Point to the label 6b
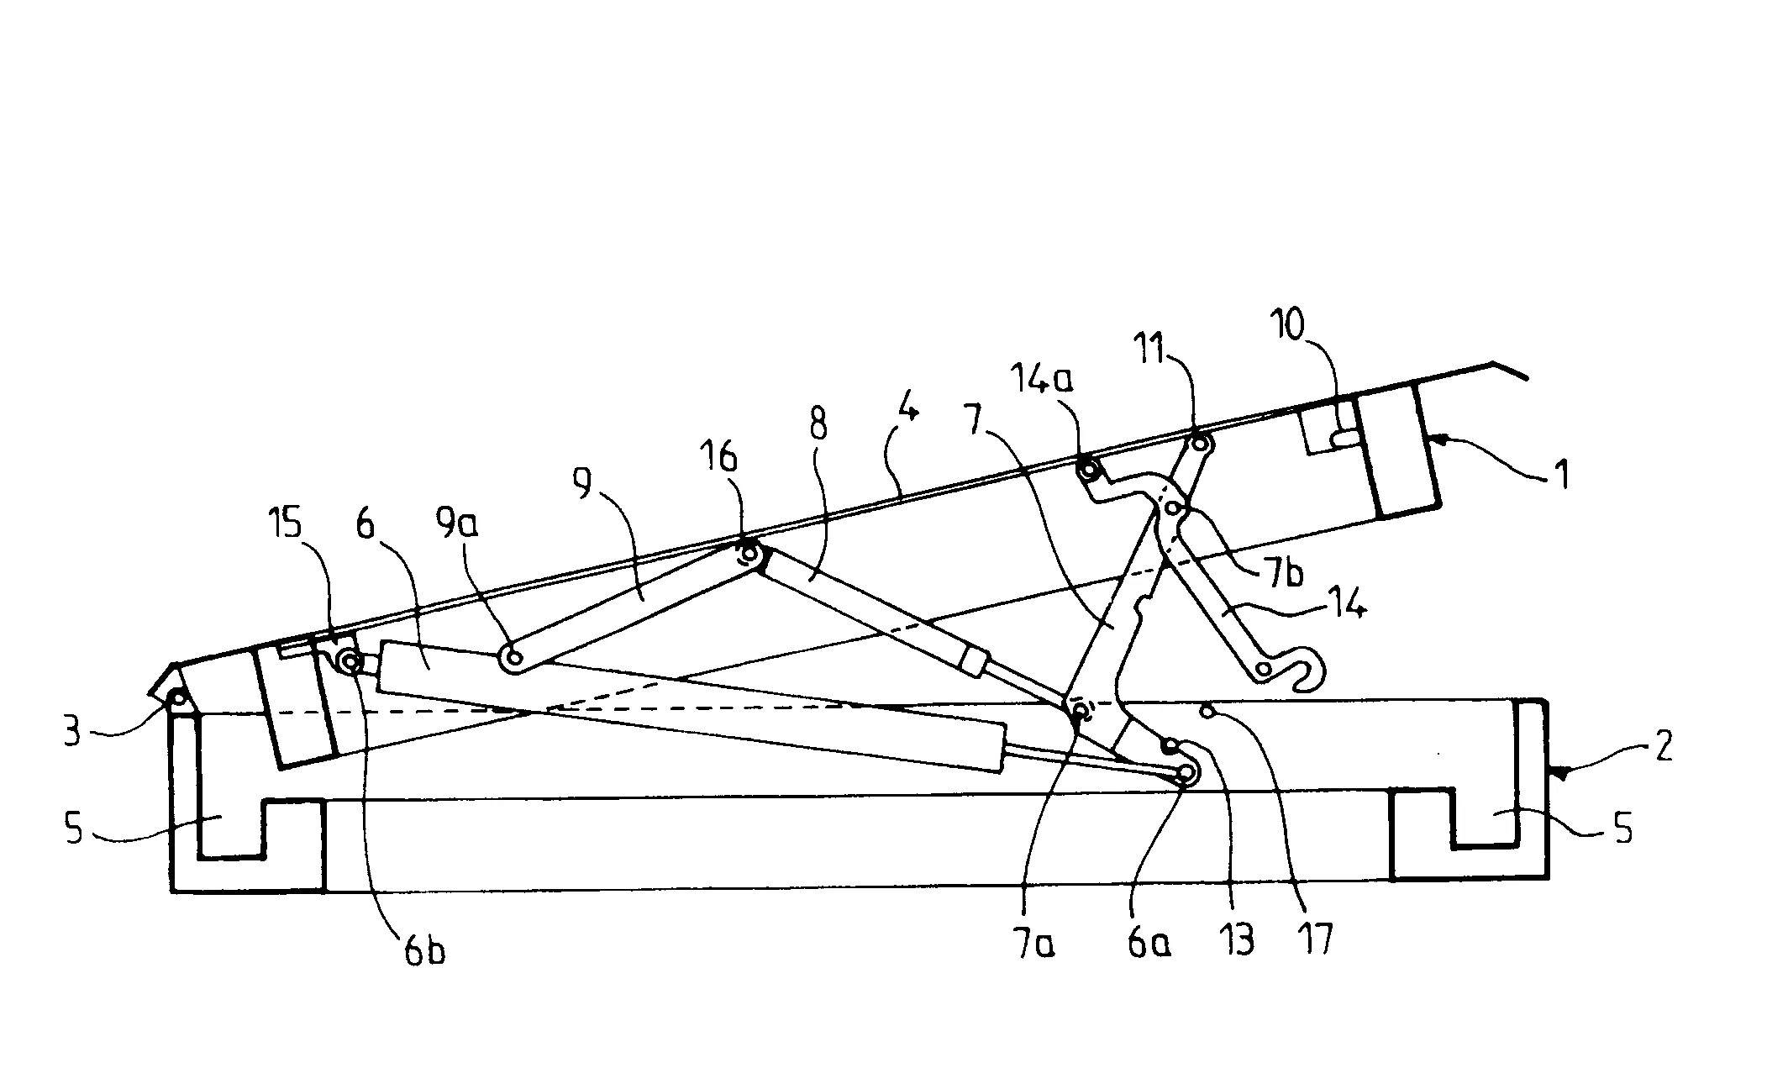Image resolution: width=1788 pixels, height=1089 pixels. [423, 951]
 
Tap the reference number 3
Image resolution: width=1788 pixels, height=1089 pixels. [72, 731]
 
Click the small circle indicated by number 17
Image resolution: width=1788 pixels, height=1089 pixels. [1208, 713]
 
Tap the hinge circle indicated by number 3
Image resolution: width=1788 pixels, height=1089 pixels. [178, 697]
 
